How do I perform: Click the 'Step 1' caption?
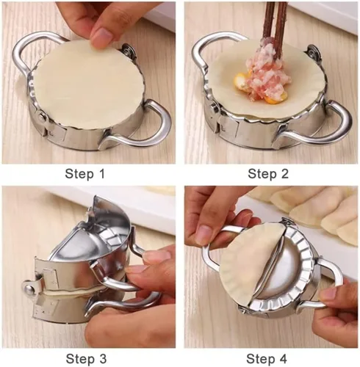click(x=84, y=174)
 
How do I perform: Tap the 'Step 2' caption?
click(x=268, y=174)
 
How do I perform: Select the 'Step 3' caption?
click(x=86, y=359)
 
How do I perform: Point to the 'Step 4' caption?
click(x=267, y=359)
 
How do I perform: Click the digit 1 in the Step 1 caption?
click(x=102, y=174)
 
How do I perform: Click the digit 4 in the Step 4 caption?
click(x=283, y=359)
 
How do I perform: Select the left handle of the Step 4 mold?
click(x=211, y=255)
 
